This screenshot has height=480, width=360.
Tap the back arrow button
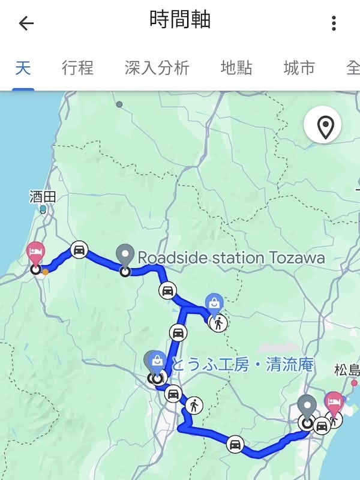(26, 23)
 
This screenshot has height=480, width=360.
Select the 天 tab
(23, 68)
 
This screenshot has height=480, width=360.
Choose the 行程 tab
(77, 68)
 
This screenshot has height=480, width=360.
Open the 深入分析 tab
(157, 68)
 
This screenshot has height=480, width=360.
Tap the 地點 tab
(236, 68)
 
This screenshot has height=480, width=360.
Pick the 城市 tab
(299, 68)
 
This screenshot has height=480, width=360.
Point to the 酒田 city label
(41, 196)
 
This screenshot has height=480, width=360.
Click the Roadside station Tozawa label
(231, 258)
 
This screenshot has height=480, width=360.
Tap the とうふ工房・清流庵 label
(243, 364)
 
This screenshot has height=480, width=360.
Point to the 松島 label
(347, 369)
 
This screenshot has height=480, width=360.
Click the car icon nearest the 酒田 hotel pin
(79, 250)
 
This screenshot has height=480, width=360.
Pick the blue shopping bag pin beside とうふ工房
(158, 361)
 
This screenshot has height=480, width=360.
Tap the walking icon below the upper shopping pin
(218, 323)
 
